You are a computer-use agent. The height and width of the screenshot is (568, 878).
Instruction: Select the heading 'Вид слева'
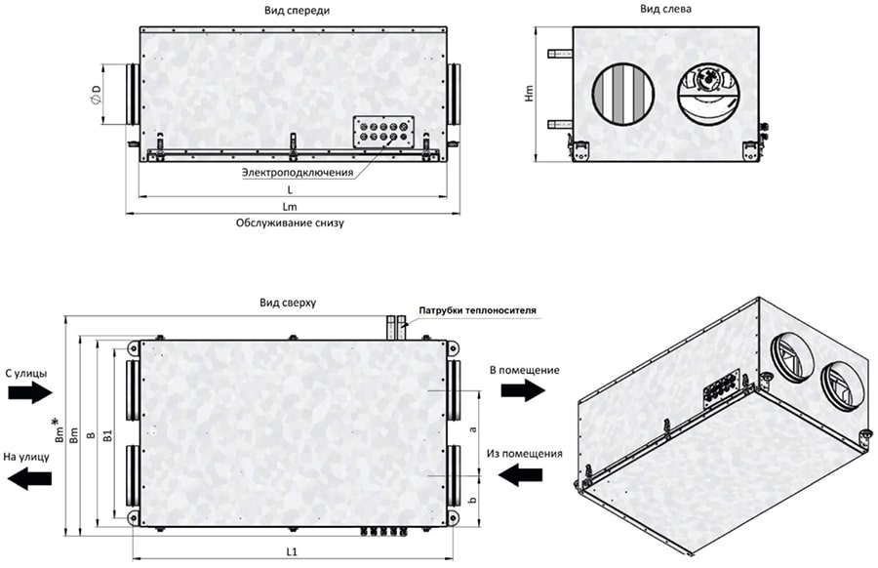(666, 9)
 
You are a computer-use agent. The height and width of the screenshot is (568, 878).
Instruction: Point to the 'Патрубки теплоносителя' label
(478, 311)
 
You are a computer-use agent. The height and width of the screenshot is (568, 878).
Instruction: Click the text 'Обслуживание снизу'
(290, 223)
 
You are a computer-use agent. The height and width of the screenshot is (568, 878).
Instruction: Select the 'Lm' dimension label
(290, 207)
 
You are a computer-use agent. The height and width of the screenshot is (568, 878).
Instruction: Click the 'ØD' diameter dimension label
(96, 95)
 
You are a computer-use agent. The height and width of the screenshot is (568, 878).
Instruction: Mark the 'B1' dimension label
(107, 434)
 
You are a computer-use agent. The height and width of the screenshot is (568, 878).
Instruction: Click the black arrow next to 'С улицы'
(26, 392)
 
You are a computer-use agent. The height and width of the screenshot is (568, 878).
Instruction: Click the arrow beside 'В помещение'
(522, 390)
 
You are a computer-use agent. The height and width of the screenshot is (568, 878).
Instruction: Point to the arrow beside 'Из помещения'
(522, 474)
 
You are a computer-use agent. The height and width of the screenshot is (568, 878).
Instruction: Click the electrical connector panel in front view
(382, 132)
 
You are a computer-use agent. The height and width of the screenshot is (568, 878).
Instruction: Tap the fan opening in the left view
(709, 95)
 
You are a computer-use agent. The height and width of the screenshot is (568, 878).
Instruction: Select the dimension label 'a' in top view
(473, 428)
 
